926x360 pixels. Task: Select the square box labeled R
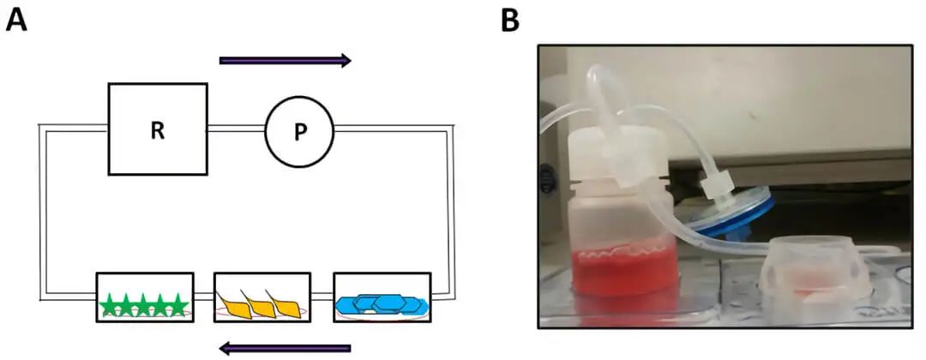point(157,129)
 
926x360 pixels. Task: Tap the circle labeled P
point(298,130)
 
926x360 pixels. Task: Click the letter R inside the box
point(157,130)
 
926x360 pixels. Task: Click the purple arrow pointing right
point(285,60)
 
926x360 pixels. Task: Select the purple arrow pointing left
point(285,347)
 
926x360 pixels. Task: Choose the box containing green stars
point(144,297)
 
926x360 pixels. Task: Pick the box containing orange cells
point(262,297)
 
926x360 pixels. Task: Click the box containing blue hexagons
point(382,297)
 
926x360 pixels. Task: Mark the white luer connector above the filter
point(714,184)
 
